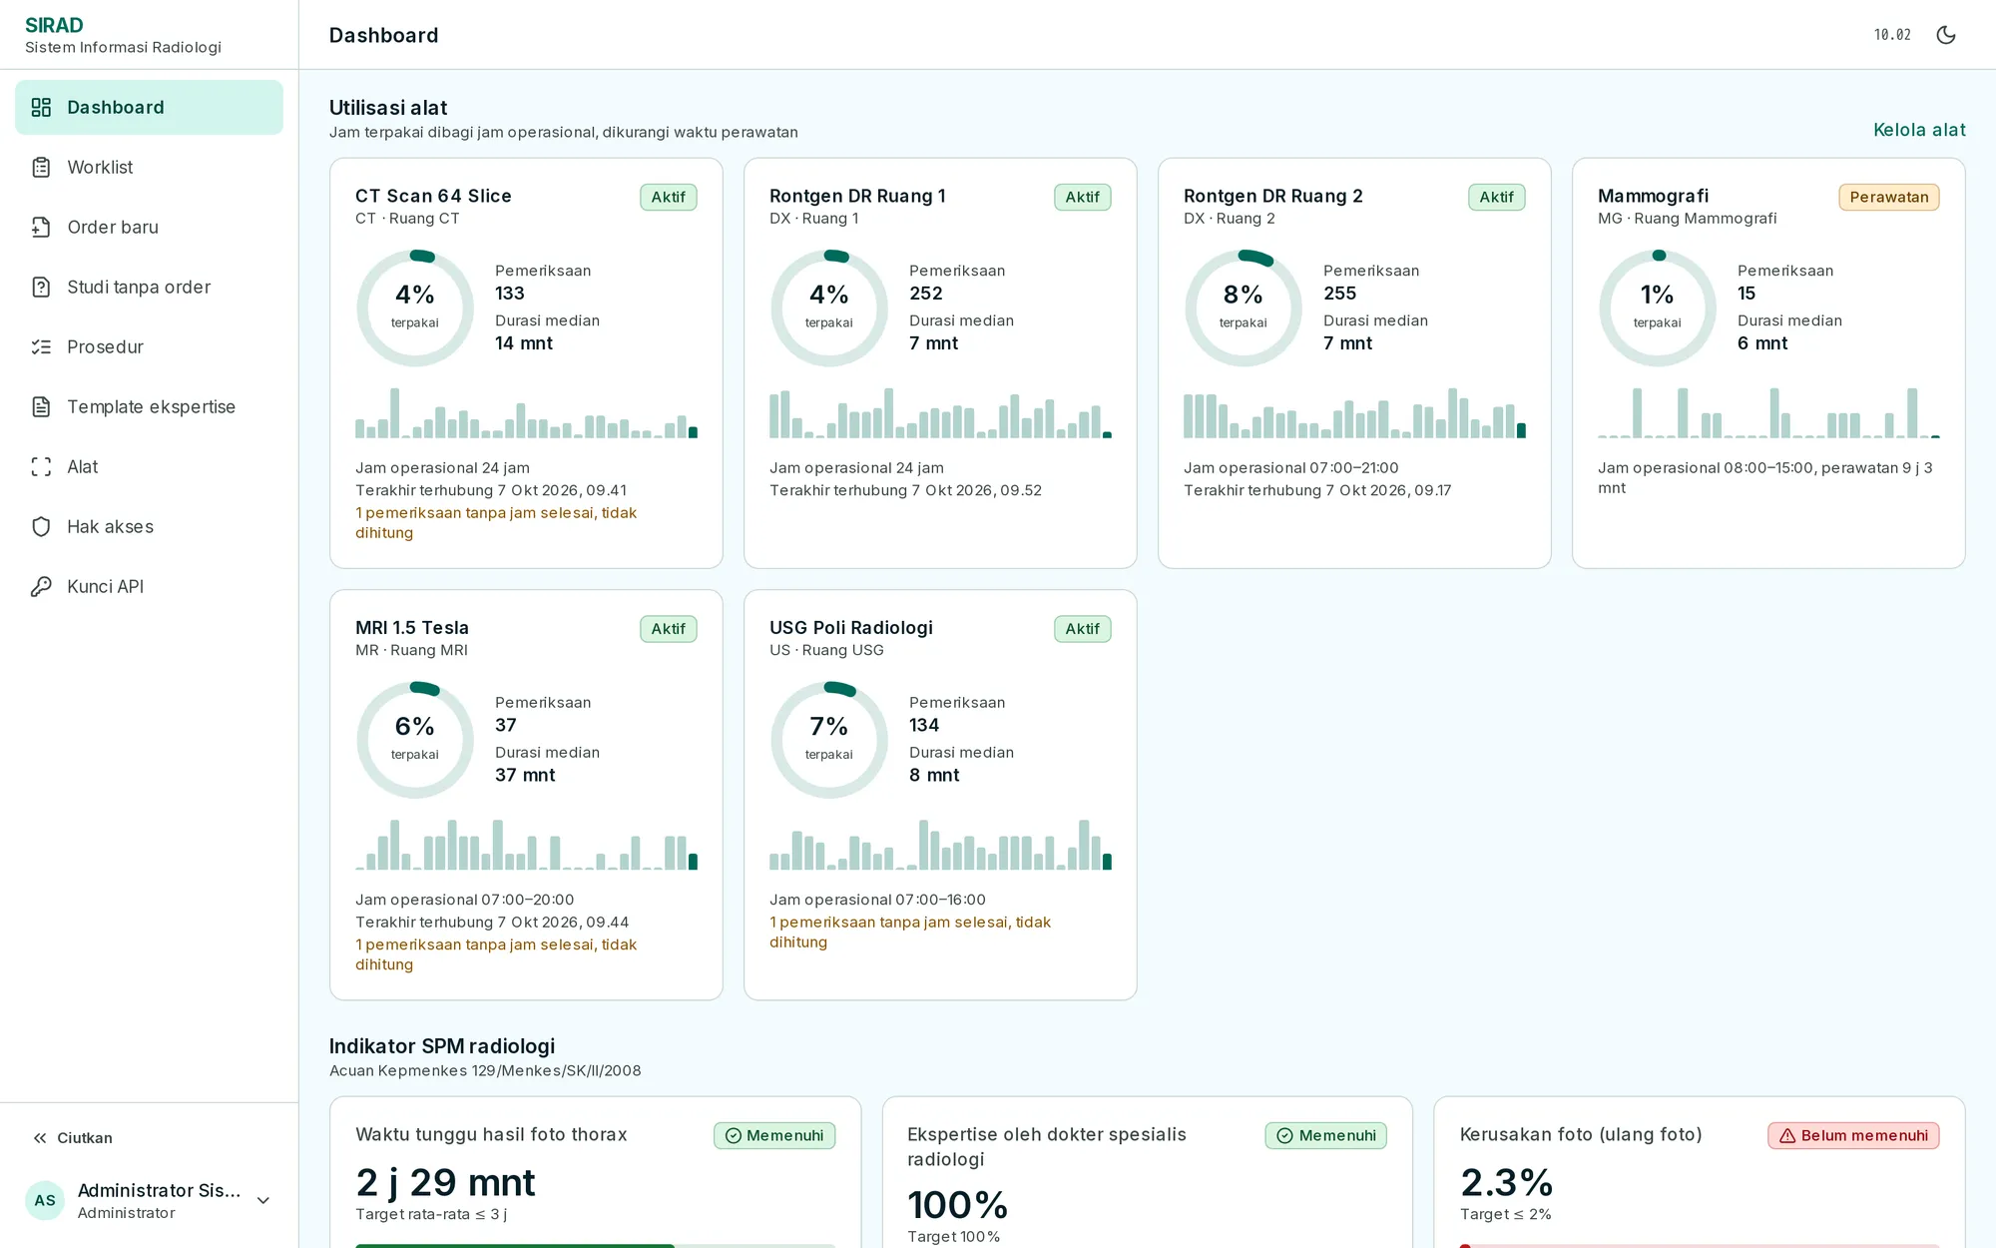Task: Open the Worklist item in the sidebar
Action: (x=100, y=167)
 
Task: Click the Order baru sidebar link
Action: (x=113, y=227)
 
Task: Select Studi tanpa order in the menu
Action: (x=139, y=287)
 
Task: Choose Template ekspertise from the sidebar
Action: (x=151, y=406)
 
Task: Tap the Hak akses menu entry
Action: (x=110, y=526)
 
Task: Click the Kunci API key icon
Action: (x=41, y=586)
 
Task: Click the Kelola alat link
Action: (x=1919, y=130)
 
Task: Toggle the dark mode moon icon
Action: (x=1946, y=35)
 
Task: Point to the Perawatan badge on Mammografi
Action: (x=1889, y=197)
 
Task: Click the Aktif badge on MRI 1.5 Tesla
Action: (x=669, y=629)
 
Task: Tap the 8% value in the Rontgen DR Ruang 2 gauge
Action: (x=1244, y=295)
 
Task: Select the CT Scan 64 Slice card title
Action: (x=433, y=196)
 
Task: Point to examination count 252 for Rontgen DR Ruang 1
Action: (x=926, y=294)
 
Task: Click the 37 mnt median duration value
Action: (x=525, y=775)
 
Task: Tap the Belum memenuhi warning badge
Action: (x=1853, y=1135)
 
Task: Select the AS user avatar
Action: (x=45, y=1200)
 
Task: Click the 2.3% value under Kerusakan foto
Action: (x=1507, y=1183)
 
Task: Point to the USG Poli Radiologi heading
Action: (x=851, y=627)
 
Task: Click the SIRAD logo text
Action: (x=54, y=25)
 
